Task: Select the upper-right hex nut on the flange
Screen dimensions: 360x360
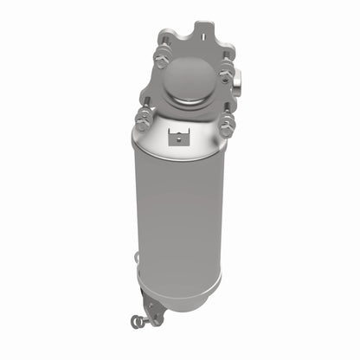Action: (226, 72)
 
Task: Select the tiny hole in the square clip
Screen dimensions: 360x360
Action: (180, 135)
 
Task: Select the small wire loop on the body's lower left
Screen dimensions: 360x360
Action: (136, 256)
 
